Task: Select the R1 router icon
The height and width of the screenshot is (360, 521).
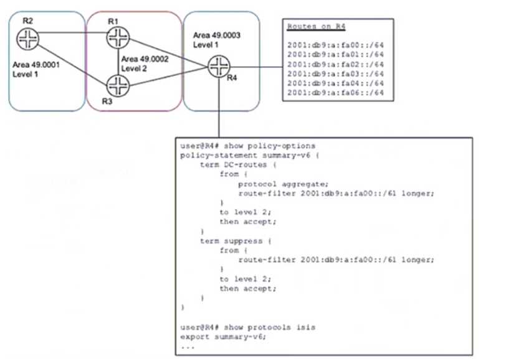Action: click(x=116, y=38)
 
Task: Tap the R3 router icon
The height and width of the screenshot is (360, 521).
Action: click(x=116, y=83)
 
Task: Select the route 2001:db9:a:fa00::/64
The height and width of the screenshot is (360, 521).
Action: click(x=335, y=45)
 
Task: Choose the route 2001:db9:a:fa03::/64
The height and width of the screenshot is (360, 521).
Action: click(x=335, y=73)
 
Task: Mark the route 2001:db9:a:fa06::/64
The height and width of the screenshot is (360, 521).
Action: click(x=335, y=92)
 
